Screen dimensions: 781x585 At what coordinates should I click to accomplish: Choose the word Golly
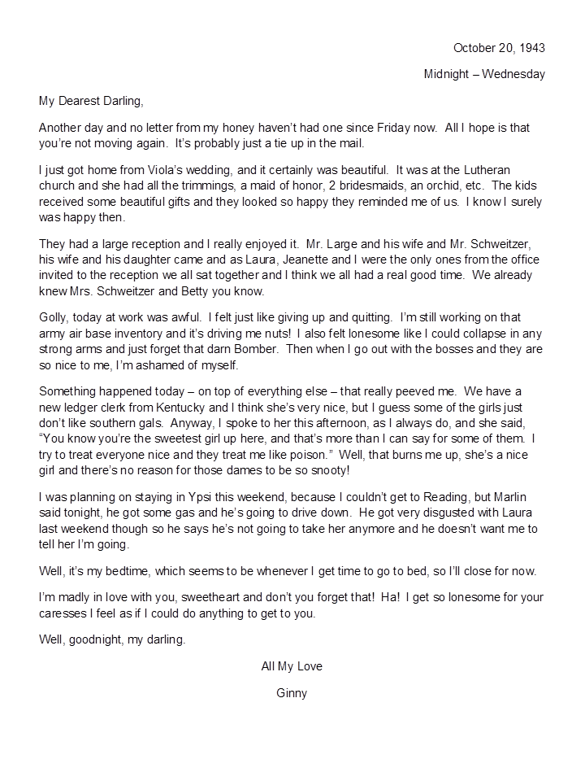pos(53,318)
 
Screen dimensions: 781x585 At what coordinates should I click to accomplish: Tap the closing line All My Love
pos(292,666)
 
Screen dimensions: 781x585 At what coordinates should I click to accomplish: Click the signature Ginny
pos(292,693)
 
